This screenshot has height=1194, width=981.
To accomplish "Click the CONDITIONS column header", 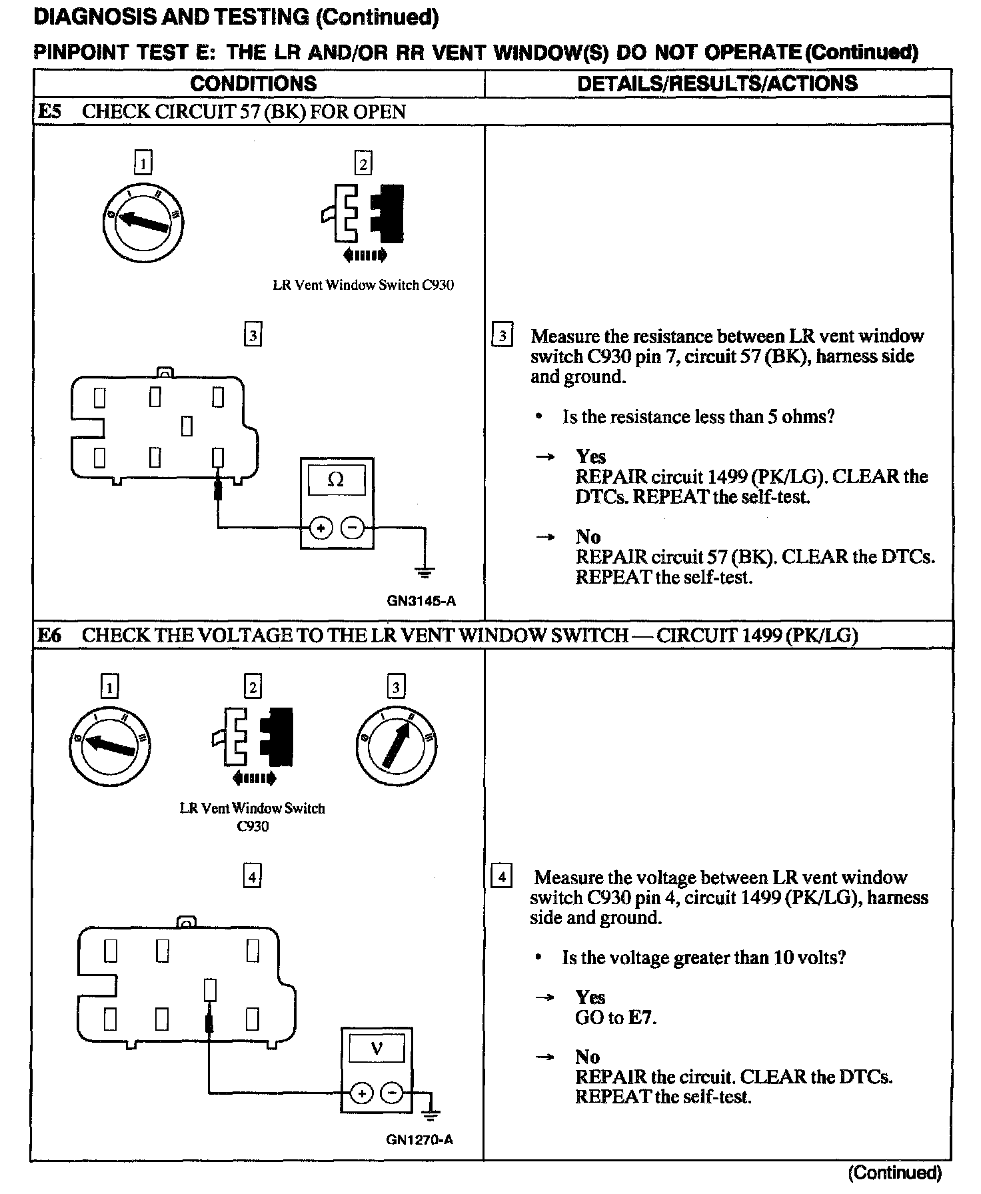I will pos(253,84).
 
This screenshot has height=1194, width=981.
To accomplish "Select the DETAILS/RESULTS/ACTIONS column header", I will pos(717,83).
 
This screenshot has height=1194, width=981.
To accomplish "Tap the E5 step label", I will pos(49,111).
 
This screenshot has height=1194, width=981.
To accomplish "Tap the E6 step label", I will pos(49,635).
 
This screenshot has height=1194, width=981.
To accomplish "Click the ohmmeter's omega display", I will pos(336,480).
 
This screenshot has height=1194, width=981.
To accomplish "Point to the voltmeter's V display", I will pos(377,1050).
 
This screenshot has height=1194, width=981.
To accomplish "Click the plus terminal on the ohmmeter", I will pos(321,528).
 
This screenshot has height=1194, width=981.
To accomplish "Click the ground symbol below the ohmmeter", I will pos(425,571).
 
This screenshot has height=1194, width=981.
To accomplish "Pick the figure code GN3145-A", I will pos(421,601).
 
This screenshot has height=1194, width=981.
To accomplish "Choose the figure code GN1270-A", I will pos(420,1139).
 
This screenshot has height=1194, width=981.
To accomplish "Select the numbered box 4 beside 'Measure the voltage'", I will pos(500,877).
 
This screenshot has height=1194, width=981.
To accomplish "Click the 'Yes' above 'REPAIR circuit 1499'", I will pos(590,457).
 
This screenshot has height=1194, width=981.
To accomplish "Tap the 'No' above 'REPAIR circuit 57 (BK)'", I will pos(588,537).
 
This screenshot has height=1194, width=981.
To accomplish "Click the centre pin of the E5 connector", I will pos(187,426).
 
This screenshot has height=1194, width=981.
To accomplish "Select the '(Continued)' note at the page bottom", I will pos(894,1173).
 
